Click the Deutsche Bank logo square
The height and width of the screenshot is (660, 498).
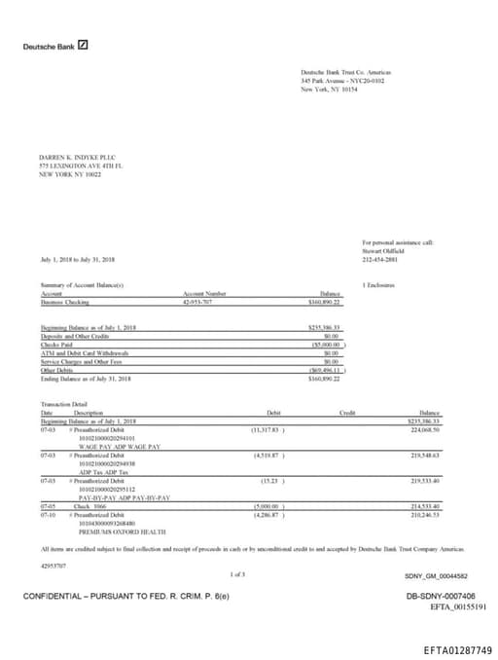tap(84, 45)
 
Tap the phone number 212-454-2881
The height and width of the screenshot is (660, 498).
tap(380, 260)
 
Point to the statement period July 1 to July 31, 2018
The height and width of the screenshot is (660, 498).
tap(78, 260)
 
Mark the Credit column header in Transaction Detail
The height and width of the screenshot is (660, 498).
tap(346, 414)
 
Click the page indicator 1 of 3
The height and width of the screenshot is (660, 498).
tap(238, 574)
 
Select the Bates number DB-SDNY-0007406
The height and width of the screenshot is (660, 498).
tap(441, 596)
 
